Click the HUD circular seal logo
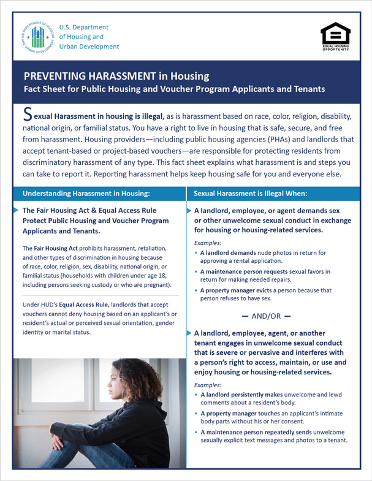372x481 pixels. tap(37, 37)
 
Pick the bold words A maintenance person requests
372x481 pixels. tap(247, 271)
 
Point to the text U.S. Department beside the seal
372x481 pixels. tap(84, 28)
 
